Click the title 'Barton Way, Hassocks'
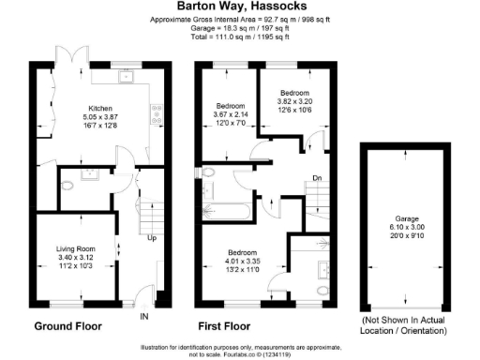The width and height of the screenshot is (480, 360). coord(240,6)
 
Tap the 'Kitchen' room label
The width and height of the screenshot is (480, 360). coord(101,108)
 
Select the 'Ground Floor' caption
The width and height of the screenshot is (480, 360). coord(67,327)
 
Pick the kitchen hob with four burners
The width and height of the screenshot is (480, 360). coord(156,115)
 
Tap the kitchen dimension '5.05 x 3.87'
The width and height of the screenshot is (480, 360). coord(101,117)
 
